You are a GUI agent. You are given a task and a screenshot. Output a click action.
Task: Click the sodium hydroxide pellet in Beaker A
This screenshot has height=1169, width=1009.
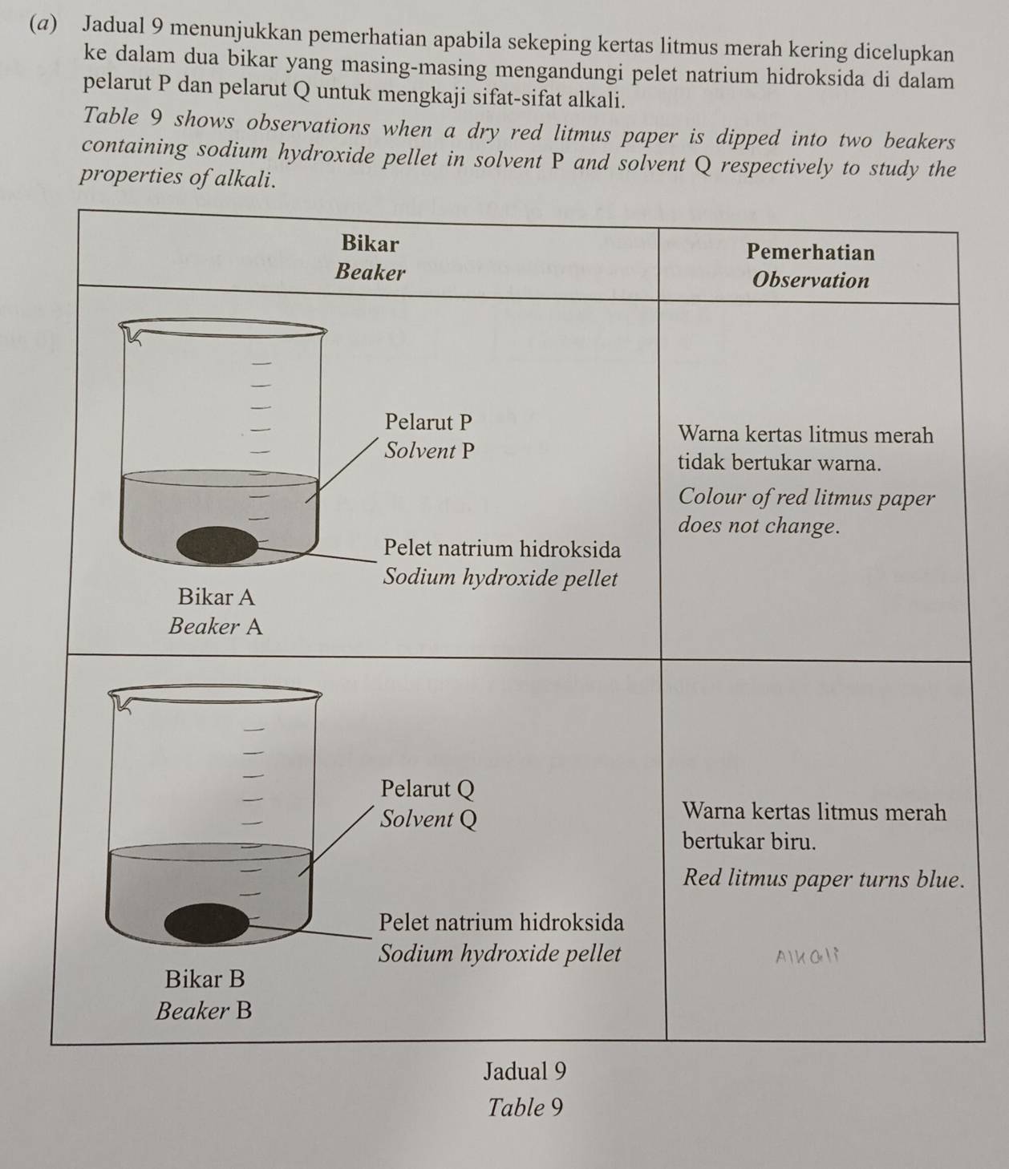click(x=217, y=544)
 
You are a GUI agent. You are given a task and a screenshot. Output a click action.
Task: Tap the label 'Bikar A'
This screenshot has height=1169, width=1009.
click(x=217, y=597)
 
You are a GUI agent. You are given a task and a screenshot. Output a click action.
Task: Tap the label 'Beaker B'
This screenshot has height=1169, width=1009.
click(x=204, y=1010)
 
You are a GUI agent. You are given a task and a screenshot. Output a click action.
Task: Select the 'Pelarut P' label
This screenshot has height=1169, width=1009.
click(x=428, y=421)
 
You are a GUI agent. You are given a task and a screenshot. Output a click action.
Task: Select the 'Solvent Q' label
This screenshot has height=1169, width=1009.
click(x=428, y=819)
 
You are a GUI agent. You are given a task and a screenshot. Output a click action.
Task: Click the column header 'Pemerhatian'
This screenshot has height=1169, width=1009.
click(x=810, y=252)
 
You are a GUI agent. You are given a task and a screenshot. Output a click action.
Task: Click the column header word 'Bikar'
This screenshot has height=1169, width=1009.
click(x=370, y=242)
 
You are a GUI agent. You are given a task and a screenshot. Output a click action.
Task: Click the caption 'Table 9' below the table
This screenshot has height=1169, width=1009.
click(x=525, y=1108)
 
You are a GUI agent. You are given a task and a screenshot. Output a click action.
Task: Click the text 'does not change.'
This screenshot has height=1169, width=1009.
click(x=759, y=527)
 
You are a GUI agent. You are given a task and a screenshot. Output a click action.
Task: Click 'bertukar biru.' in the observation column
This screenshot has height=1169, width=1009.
click(x=749, y=842)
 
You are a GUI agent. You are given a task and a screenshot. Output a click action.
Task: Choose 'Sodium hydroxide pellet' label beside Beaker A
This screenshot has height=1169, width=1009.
click(x=501, y=578)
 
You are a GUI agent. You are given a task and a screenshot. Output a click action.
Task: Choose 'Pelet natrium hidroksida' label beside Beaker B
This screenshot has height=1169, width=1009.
click(x=501, y=922)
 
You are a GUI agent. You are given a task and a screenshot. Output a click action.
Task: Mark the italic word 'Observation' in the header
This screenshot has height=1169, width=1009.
click(x=812, y=281)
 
